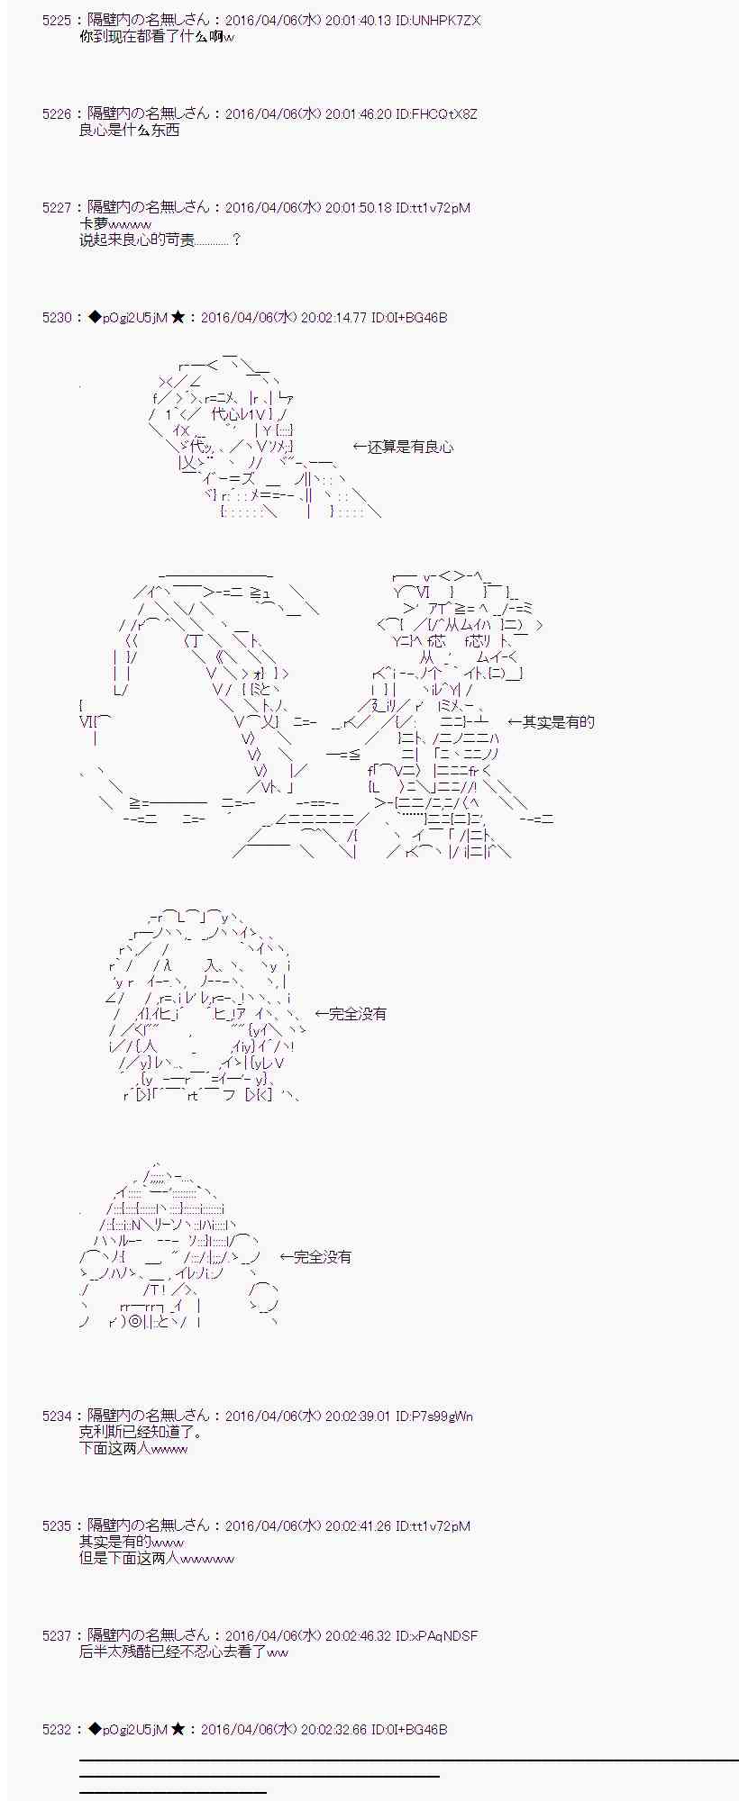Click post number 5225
56,20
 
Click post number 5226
56,114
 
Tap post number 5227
56,208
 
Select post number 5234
56,1416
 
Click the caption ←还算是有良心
403,447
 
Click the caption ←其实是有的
551,722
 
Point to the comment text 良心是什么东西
129,131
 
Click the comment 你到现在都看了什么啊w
156,37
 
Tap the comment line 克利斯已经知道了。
141,1433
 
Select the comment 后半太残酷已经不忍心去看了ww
184,1652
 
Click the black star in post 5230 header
178,318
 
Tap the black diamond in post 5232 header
96,1730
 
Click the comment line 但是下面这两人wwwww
156,1559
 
